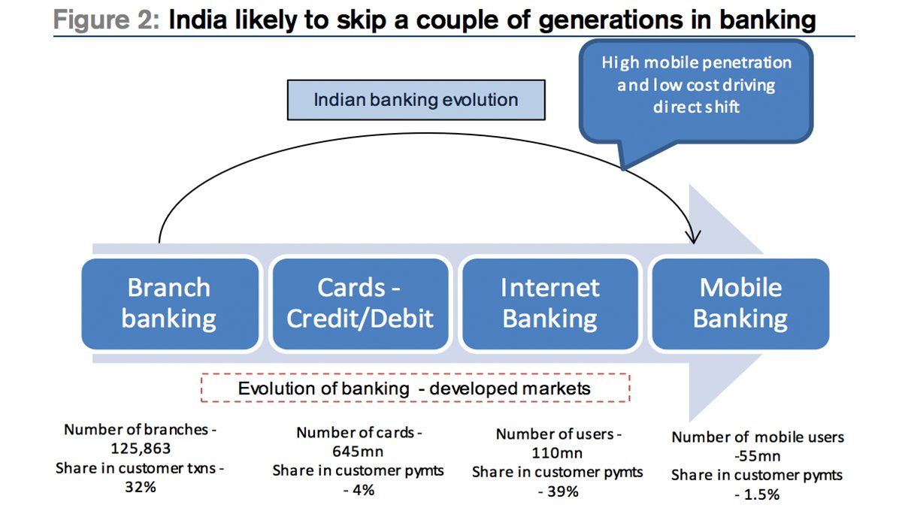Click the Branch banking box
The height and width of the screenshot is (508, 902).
[170, 304]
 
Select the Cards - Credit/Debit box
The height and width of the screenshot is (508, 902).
[360, 304]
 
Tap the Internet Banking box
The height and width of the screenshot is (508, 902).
[550, 304]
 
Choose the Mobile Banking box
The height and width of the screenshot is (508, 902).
[740, 304]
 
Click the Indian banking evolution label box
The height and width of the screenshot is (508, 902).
[416, 100]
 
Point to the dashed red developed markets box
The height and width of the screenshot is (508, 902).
[415, 388]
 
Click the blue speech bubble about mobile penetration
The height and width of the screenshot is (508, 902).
[696, 92]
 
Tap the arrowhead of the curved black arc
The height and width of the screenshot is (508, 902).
[694, 240]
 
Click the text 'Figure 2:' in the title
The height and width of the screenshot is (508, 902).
[107, 20]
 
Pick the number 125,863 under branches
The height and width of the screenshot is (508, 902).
[141, 448]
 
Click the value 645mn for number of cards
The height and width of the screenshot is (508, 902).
[358, 451]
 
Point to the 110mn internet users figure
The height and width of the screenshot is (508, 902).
[557, 453]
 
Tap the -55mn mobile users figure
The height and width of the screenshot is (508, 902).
[758, 456]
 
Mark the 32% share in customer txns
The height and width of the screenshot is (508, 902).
[140, 487]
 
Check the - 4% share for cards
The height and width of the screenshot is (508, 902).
[359, 490]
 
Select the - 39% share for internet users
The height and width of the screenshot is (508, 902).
[558, 491]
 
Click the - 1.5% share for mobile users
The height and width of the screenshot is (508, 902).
[757, 494]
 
